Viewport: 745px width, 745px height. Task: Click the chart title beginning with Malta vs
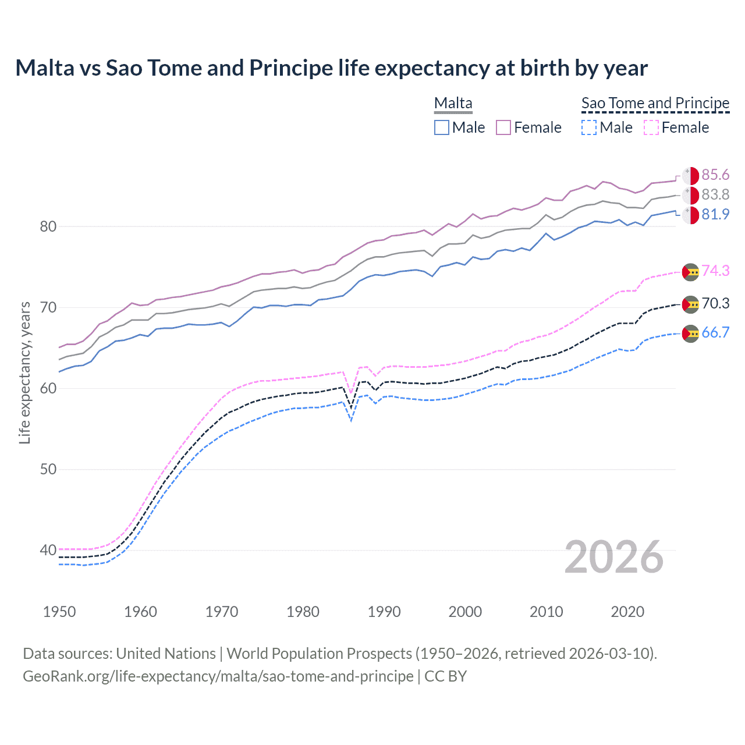coord(331,68)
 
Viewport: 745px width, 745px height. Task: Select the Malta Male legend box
coord(442,127)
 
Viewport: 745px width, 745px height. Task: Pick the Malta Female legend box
coord(503,127)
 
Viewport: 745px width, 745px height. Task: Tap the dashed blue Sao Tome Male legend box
coord(589,127)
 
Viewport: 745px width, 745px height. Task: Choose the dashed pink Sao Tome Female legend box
coord(651,127)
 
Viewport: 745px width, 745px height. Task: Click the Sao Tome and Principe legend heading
coord(655,103)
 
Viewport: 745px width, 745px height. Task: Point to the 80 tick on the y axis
coord(48,226)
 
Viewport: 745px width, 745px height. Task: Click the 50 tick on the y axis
coord(48,469)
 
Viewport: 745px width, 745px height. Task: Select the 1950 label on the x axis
coord(59,612)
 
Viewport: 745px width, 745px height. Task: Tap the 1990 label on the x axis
coord(384,612)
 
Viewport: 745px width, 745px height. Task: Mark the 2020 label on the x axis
coord(627,612)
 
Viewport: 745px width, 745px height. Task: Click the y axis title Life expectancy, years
coord(25,372)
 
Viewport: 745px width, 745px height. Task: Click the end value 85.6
coord(715,175)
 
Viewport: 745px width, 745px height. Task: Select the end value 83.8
coord(715,195)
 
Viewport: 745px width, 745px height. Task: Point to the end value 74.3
coord(715,271)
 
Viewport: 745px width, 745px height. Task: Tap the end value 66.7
coord(715,332)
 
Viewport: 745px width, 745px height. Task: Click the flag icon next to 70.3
coord(690,304)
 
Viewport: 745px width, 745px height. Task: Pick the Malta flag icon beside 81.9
coord(690,215)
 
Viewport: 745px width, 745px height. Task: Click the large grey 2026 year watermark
coord(614,557)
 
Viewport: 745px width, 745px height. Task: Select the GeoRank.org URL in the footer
coord(218,676)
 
